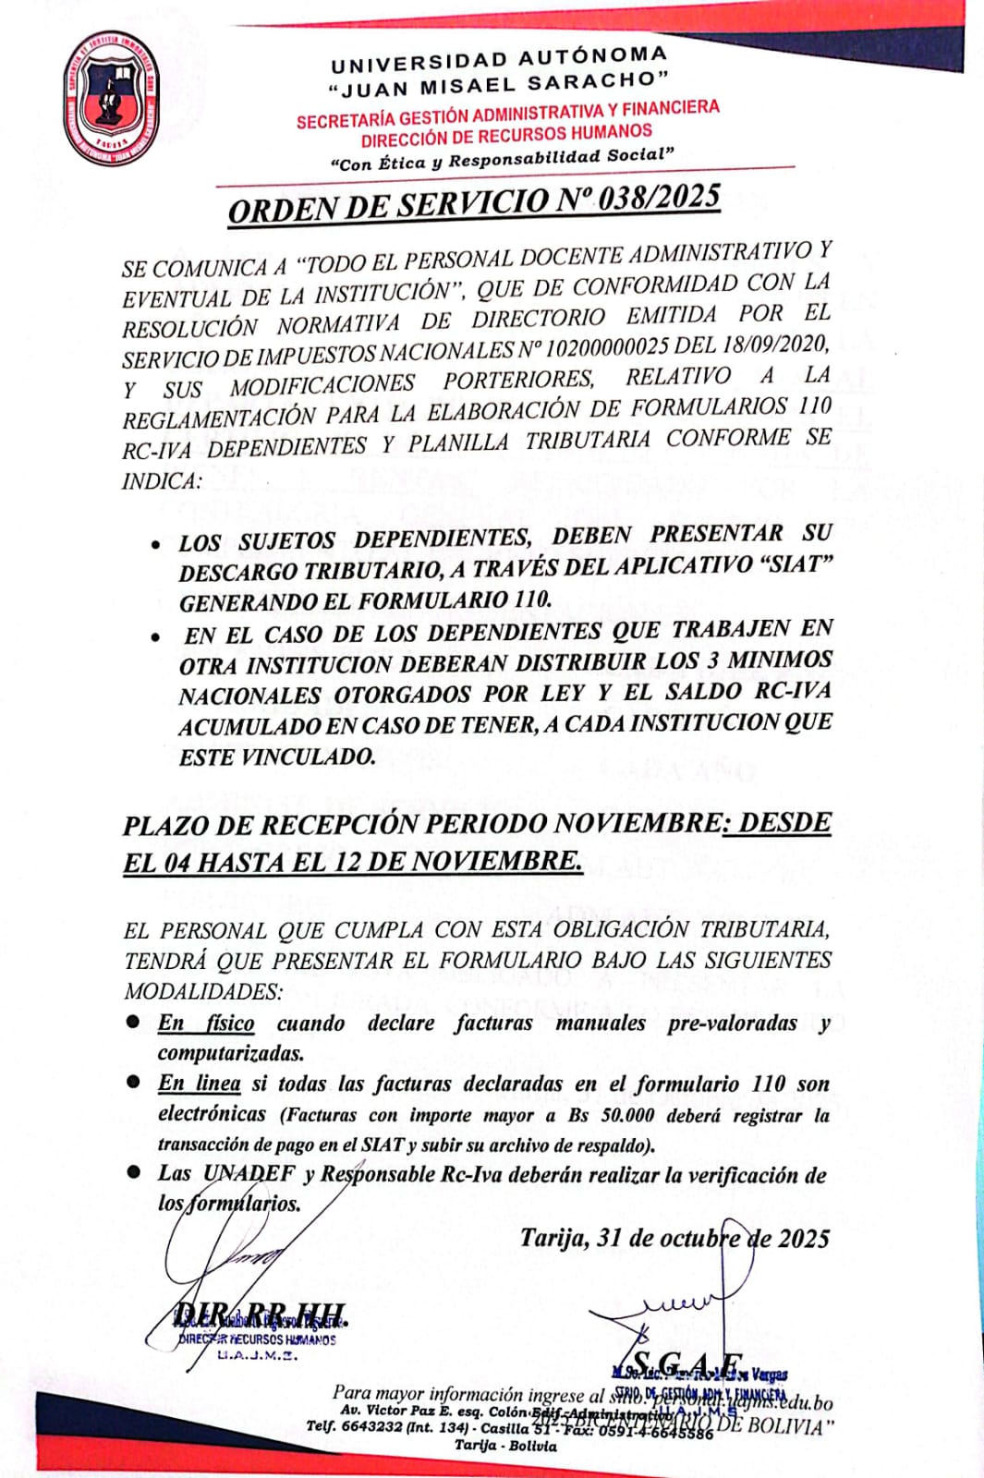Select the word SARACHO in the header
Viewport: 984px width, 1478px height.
pos(596,81)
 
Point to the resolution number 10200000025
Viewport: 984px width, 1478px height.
pos(607,348)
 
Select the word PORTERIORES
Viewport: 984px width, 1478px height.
pos(518,381)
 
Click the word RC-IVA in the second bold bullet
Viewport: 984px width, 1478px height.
pos(793,690)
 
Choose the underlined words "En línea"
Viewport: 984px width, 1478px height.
pos(199,1084)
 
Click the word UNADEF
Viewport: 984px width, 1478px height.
pos(249,1174)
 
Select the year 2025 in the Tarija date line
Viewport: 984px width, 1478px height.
pos(803,1238)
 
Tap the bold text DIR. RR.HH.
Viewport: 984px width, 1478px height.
pos(260,1314)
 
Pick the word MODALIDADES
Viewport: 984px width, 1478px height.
pos(203,991)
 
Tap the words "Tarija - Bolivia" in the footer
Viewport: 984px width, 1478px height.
pos(504,1446)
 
